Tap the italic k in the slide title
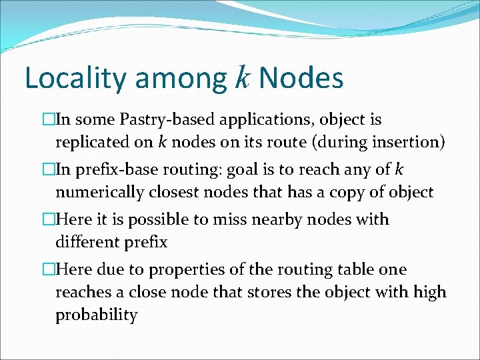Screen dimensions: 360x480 [242, 78]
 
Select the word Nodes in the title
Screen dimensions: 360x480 [301, 78]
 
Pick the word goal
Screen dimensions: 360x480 [245, 170]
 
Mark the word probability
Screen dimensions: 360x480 [96, 314]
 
